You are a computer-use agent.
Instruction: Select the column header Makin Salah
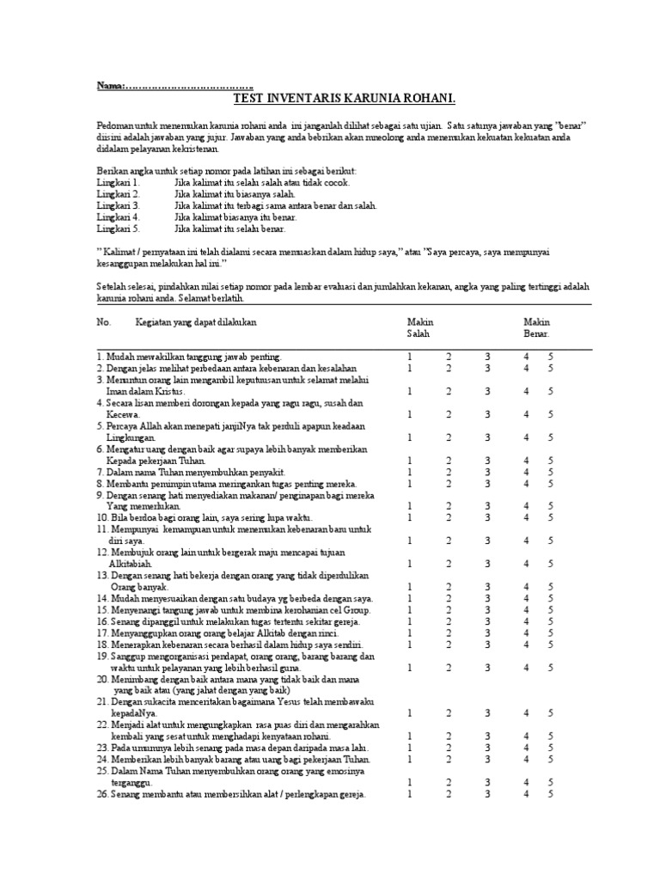(x=419, y=327)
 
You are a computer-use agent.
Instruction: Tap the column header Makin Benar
(x=536, y=327)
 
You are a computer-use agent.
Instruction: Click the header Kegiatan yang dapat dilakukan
(x=196, y=321)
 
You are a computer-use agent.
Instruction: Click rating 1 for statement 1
(x=410, y=356)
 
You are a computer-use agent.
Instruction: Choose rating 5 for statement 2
(x=552, y=368)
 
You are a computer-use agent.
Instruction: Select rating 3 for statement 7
(x=487, y=472)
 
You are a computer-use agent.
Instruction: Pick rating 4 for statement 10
(x=527, y=517)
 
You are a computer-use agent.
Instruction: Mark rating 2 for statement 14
(x=449, y=598)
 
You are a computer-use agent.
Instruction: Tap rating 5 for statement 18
(x=552, y=645)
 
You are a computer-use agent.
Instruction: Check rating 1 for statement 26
(x=410, y=794)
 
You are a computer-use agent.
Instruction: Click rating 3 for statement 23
(x=487, y=748)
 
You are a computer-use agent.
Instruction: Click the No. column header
(x=104, y=321)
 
